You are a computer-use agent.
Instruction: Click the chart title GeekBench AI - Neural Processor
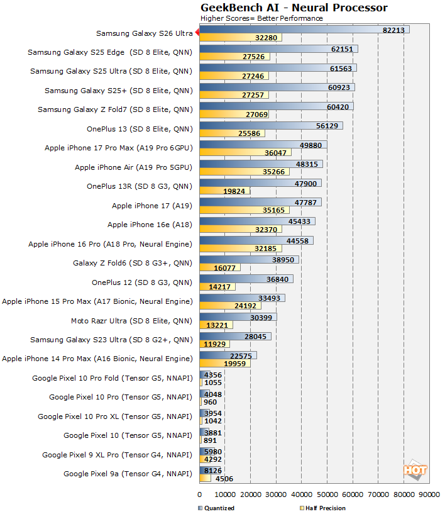(294, 8)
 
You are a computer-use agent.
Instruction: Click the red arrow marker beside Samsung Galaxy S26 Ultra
(196, 33)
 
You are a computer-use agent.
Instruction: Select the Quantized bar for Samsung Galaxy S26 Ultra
(304, 30)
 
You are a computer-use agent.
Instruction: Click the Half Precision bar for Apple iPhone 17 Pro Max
(245, 153)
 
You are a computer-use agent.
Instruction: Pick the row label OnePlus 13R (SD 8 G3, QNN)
(139, 186)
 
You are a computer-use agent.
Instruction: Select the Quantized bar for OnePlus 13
(271, 125)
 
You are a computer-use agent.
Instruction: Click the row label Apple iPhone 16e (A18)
(150, 225)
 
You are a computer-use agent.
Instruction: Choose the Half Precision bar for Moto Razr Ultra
(216, 325)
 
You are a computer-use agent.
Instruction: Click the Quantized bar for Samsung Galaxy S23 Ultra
(235, 336)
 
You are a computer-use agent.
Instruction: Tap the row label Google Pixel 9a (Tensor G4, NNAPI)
(128, 474)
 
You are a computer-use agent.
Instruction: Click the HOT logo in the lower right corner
(415, 469)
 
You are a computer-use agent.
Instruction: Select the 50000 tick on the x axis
(327, 494)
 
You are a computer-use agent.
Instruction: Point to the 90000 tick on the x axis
(430, 494)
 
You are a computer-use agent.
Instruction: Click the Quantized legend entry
(216, 508)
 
